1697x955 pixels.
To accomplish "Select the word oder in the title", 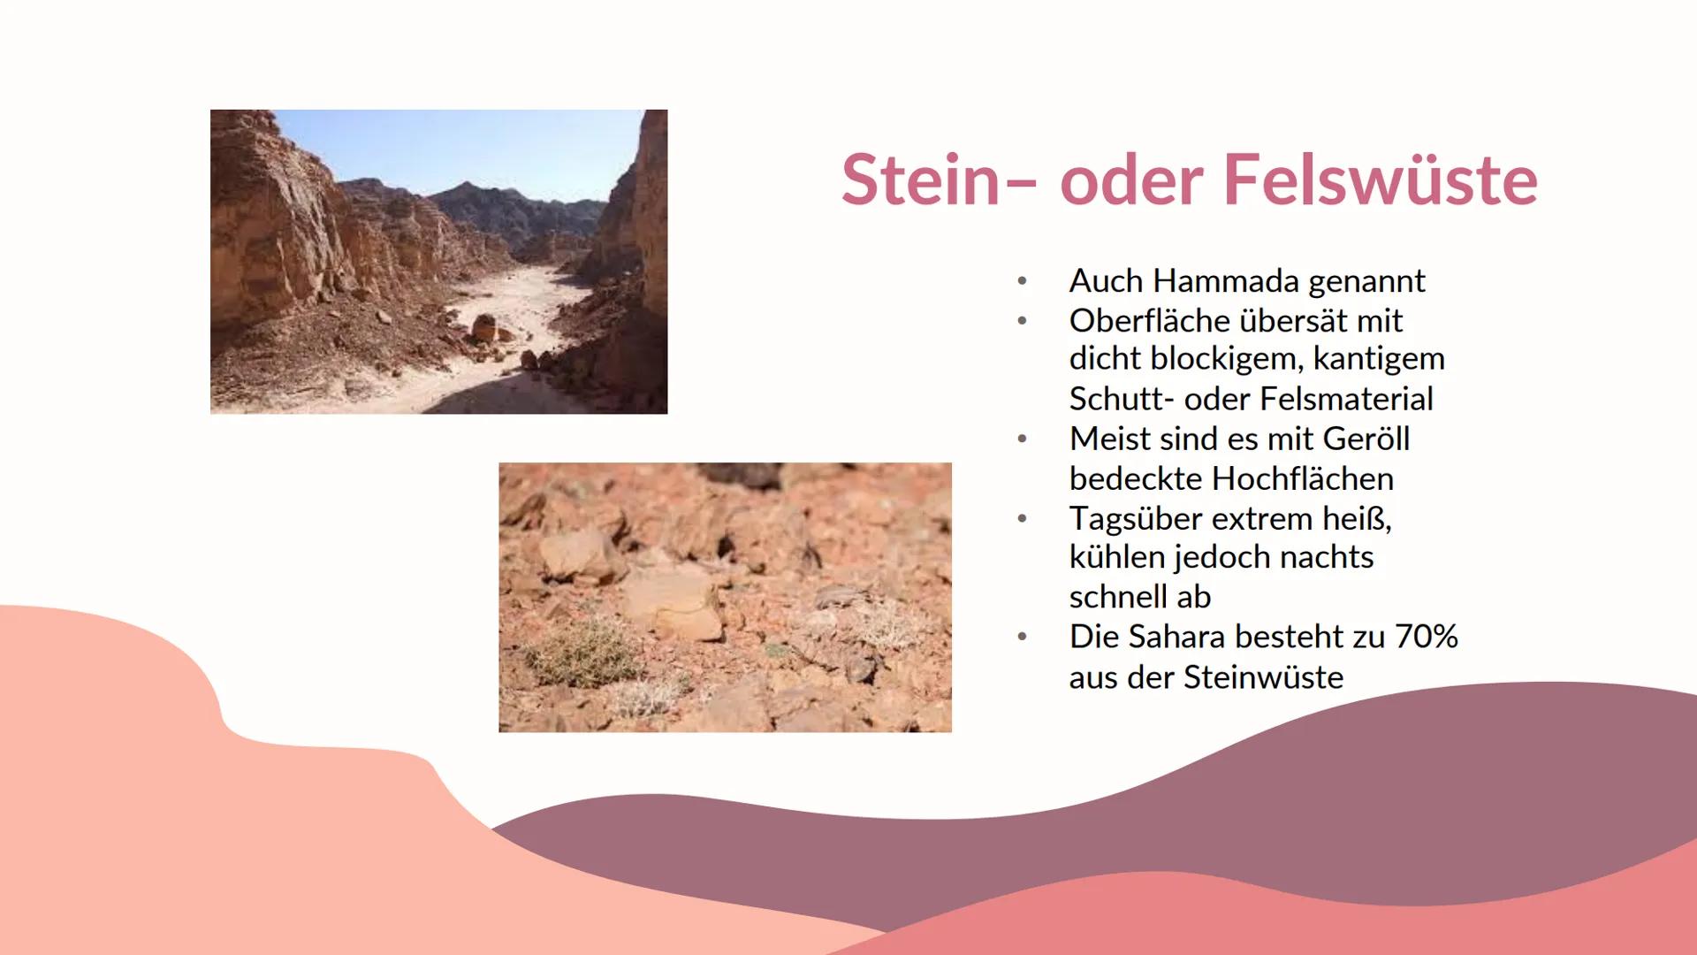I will (x=1130, y=180).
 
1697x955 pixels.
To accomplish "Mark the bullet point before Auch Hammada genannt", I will (x=1022, y=281).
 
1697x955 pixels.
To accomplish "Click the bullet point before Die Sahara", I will (x=1022, y=637).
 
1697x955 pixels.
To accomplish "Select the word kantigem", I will (x=1379, y=359).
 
